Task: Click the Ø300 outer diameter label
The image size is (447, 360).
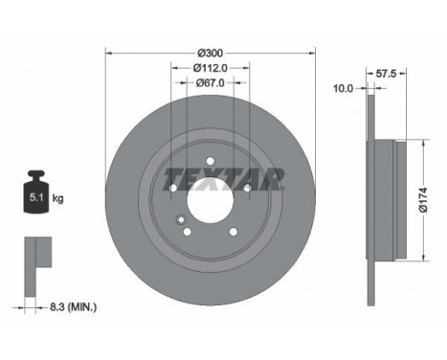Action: coord(210,52)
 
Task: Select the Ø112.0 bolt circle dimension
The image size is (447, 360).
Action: coord(210,68)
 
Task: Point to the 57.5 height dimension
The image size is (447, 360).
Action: coord(387,72)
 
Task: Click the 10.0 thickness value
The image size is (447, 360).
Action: coord(343,88)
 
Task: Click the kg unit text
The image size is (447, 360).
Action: coord(58,198)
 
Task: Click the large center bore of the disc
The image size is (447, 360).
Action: coord(210,200)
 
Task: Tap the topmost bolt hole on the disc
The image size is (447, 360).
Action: coord(210,162)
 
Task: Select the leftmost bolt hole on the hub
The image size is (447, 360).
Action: coord(172,189)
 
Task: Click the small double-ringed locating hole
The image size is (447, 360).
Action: coord(179,221)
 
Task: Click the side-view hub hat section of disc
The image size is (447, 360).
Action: coord(383,200)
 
